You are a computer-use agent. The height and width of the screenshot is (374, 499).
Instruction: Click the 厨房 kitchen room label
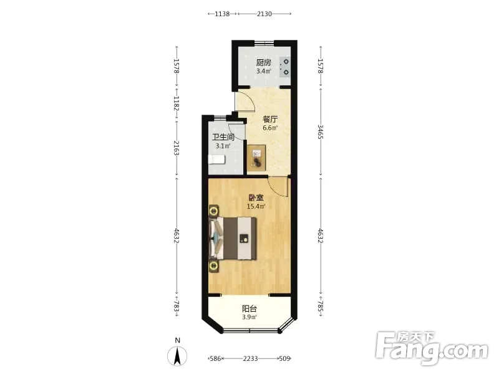point(263,62)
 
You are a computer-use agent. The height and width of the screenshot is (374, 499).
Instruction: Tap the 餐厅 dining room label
point(270,119)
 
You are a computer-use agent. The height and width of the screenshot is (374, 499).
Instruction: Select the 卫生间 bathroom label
point(223,137)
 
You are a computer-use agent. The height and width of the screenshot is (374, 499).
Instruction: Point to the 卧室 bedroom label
point(256,198)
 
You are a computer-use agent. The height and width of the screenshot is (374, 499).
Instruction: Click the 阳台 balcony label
point(249,309)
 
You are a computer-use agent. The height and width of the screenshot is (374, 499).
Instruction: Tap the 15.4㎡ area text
point(256,206)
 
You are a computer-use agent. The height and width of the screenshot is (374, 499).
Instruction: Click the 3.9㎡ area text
point(249,317)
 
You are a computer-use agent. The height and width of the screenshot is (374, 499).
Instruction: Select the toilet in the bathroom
point(216,160)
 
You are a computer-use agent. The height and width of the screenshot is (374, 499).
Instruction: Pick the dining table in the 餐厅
point(256,158)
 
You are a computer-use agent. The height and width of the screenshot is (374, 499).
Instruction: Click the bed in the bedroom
point(233,238)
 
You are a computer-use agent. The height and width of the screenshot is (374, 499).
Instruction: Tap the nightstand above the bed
point(214,211)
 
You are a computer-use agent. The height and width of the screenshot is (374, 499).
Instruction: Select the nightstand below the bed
point(214,266)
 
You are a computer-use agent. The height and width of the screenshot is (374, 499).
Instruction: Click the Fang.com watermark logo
point(432,348)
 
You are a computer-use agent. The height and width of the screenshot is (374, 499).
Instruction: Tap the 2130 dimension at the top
point(264,14)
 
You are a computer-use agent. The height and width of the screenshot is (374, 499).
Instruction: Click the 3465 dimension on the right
point(321,132)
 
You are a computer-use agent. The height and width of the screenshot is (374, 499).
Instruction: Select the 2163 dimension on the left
point(177,148)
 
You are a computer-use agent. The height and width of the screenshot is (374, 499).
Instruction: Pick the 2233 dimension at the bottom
point(251,359)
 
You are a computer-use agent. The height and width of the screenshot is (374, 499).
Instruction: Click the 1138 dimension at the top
point(222,14)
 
